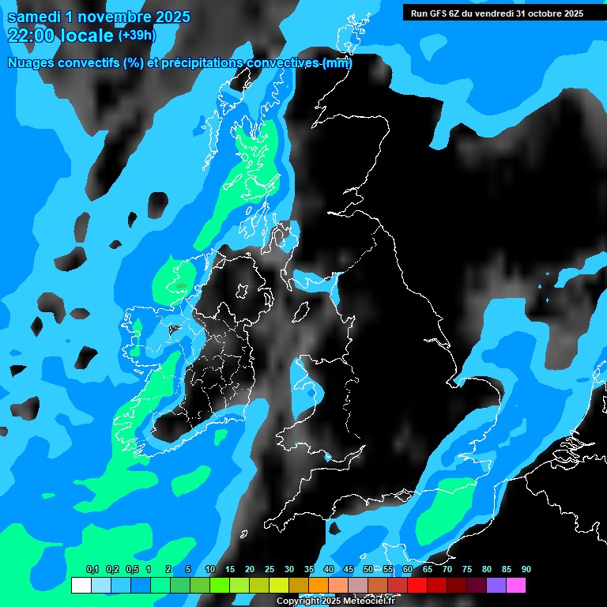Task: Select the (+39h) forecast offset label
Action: click(x=137, y=36)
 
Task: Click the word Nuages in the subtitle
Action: click(x=31, y=63)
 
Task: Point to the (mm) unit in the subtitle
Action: click(x=337, y=63)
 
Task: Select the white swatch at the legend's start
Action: click(x=81, y=586)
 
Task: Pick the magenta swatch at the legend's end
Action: click(x=516, y=586)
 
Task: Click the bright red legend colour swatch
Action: click(x=417, y=586)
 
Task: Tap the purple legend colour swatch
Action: click(x=496, y=586)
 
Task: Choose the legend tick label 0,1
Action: click(x=92, y=570)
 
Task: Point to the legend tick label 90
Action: click(x=526, y=570)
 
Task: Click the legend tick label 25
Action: click(x=270, y=570)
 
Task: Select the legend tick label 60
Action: click(x=408, y=570)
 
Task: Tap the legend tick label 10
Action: click(x=210, y=570)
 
